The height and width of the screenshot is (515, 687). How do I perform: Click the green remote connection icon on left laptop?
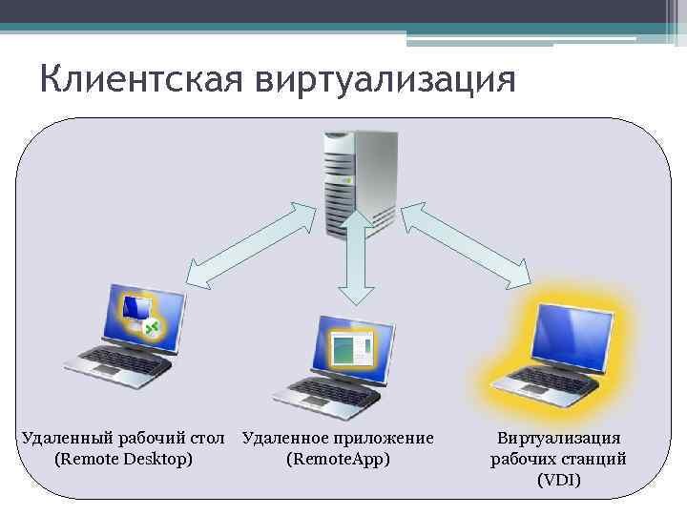point(150,328)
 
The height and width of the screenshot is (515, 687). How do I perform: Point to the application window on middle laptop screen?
point(352,349)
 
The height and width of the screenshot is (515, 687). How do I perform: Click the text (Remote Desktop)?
point(124,459)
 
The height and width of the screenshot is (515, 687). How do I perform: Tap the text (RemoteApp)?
point(338,459)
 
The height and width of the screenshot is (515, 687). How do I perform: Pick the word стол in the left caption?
point(206,438)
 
